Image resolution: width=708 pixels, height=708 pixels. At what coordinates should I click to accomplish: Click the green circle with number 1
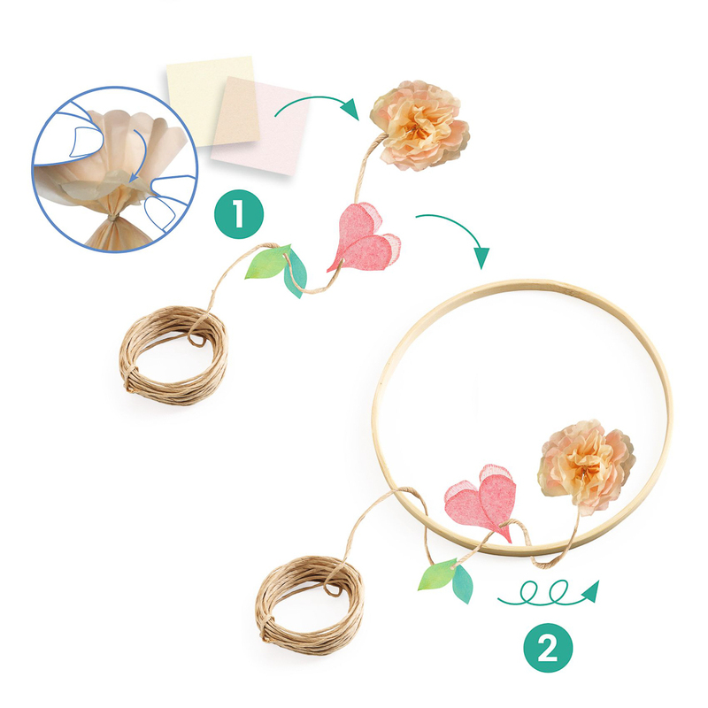(x=238, y=214)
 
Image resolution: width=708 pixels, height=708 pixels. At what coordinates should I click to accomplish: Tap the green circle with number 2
(x=548, y=648)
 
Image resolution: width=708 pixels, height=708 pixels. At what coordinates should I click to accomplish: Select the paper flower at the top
(x=419, y=125)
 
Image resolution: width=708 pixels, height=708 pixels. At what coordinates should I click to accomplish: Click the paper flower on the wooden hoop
(x=586, y=466)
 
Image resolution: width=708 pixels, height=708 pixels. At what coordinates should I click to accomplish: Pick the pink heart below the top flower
(x=364, y=239)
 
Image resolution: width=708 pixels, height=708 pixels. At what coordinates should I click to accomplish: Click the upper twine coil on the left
(x=173, y=355)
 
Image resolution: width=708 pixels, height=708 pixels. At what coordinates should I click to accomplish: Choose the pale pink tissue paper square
(x=261, y=126)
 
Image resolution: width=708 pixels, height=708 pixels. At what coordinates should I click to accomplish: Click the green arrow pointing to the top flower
(x=316, y=100)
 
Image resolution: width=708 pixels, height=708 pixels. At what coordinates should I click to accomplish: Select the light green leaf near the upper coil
(x=266, y=262)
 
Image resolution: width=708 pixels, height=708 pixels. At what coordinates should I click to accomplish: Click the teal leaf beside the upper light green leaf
(x=296, y=274)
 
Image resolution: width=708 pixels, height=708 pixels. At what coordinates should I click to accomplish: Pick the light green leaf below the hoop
(x=437, y=574)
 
